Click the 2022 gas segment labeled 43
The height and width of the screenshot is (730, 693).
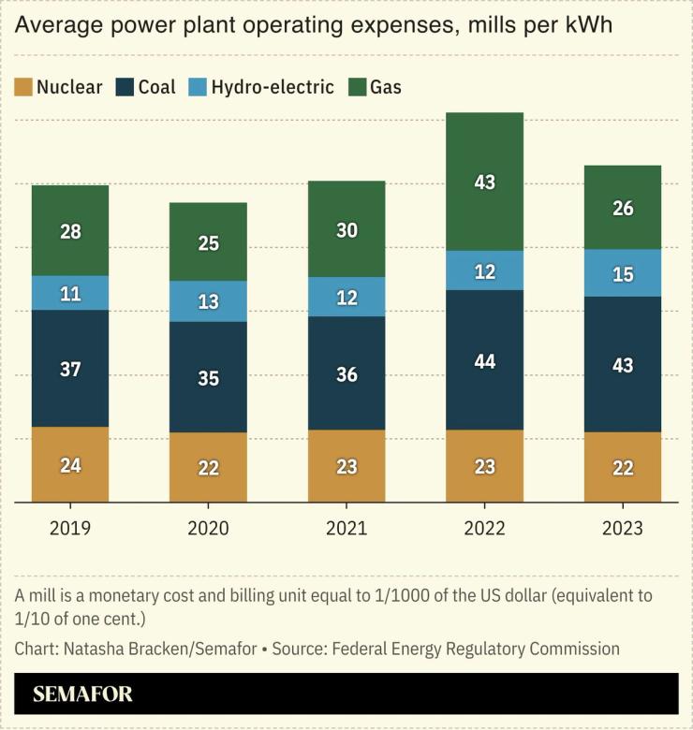point(484,182)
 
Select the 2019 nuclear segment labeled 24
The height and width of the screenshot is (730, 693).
point(70,464)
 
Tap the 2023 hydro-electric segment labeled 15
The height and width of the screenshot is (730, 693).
point(622,273)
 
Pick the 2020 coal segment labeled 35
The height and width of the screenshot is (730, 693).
point(208,377)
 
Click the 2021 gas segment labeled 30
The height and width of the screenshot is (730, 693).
point(346,229)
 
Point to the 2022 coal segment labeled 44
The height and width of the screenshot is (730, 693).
point(484,360)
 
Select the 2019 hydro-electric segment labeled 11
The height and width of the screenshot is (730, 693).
point(70,293)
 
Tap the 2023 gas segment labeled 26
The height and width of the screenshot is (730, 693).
point(622,208)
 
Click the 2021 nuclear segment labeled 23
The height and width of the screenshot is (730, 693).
point(346,466)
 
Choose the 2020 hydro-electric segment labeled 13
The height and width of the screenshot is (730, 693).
point(208,301)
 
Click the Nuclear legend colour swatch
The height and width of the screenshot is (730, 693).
point(22,88)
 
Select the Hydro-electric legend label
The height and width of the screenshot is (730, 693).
point(272,88)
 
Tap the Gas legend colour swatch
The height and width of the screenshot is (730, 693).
point(356,88)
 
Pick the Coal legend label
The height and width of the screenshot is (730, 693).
point(156,88)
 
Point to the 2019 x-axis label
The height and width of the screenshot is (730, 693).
point(70,529)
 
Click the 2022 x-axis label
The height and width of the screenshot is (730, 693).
point(484,529)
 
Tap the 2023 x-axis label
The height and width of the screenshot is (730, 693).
point(622,529)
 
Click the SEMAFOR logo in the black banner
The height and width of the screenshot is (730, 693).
point(82,694)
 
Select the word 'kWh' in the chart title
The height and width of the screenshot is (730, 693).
point(585,24)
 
